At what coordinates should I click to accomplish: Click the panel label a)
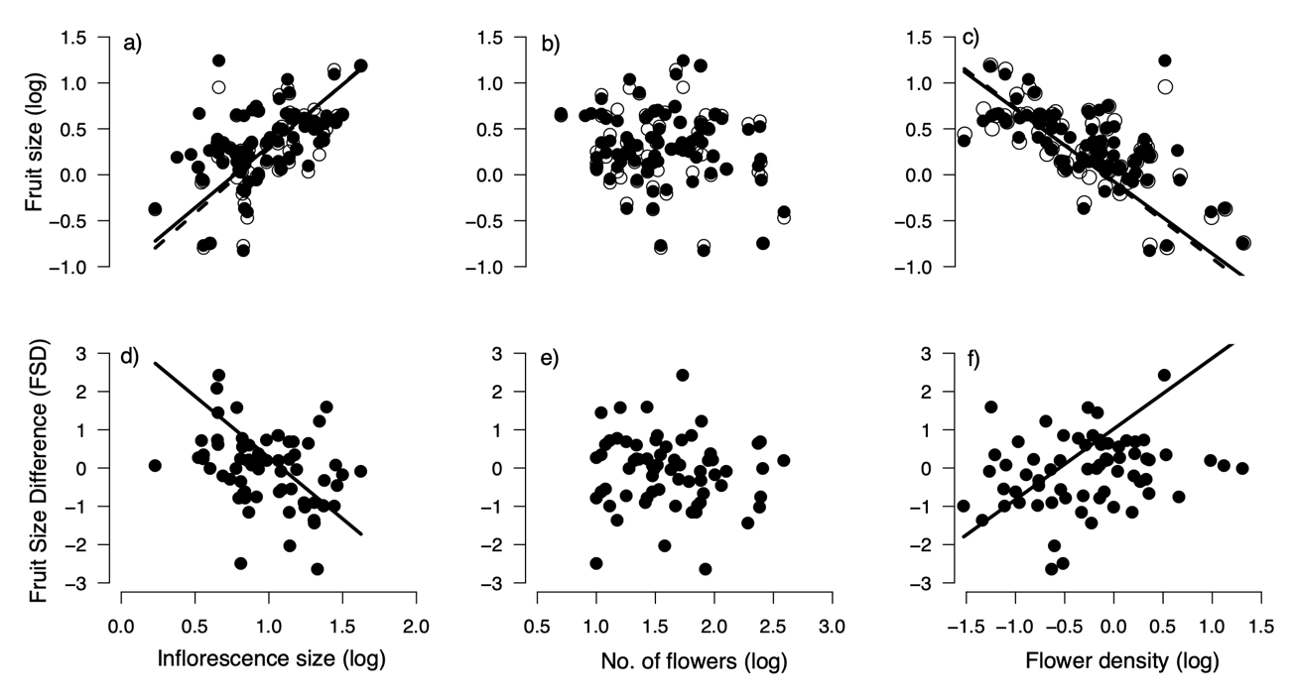[x=132, y=44]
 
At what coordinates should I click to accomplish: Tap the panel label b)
[x=551, y=44]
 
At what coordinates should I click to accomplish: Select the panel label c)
[x=971, y=38]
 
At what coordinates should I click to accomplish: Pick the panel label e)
[x=550, y=359]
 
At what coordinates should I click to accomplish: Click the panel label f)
[x=973, y=359]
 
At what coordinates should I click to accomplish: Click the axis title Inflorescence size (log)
[x=271, y=659]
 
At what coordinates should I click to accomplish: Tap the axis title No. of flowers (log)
[x=694, y=661]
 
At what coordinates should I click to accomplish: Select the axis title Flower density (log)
[x=1122, y=660]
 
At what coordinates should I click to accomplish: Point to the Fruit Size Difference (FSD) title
[x=39, y=471]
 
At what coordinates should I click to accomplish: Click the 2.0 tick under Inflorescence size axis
[x=416, y=627]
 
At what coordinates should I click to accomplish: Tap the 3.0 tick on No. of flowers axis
[x=833, y=627]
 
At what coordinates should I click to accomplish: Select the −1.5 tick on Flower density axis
[x=966, y=627]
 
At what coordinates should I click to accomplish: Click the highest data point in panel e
[x=683, y=375]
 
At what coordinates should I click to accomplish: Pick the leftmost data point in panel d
[x=155, y=465]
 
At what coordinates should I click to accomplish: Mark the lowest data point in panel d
[x=318, y=569]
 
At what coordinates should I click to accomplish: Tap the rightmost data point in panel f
[x=1242, y=468]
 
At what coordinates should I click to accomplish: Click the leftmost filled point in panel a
[x=155, y=209]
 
